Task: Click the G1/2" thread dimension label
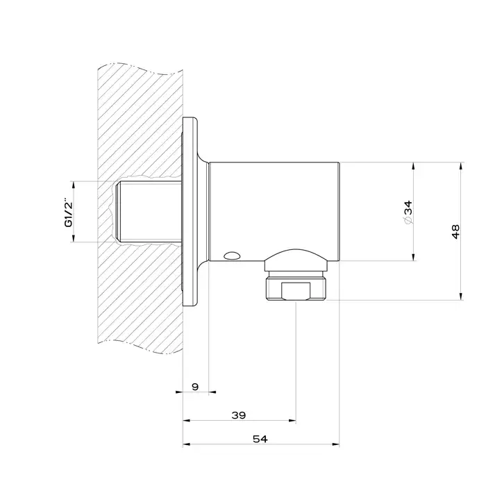69,212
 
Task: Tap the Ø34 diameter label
408,212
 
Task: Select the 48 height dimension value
455,231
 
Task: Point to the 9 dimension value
195,387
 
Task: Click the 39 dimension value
239,415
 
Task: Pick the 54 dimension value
260,439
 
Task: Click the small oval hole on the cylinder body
231,255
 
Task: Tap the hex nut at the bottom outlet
296,289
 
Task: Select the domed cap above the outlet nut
296,260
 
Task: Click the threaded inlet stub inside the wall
148,212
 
